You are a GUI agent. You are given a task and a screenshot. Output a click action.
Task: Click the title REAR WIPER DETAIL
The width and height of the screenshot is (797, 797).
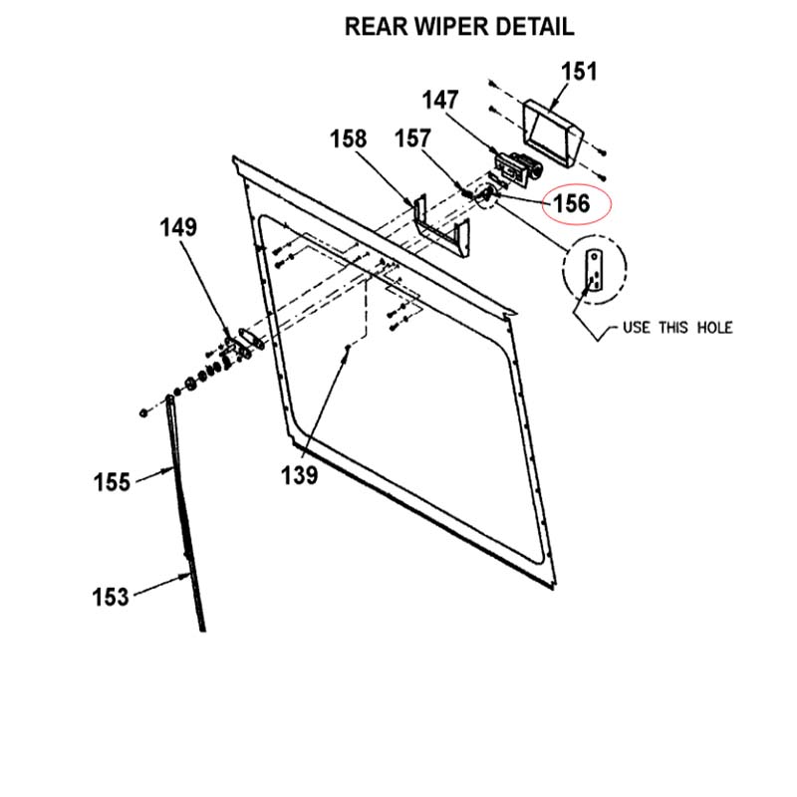tap(458, 27)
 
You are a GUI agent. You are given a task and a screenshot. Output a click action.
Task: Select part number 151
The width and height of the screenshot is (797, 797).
tap(579, 72)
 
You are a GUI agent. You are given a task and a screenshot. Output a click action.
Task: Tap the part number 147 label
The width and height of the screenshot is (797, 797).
tap(439, 101)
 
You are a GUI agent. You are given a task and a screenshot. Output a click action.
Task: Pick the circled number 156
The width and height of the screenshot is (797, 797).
tap(571, 203)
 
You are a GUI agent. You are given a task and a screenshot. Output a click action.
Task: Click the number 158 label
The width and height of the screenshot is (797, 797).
tap(349, 139)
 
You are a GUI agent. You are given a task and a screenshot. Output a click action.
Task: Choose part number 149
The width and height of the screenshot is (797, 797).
tap(178, 228)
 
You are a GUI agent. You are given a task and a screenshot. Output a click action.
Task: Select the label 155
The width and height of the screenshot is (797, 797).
tap(112, 482)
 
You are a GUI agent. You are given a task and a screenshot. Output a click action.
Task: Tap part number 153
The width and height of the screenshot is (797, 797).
tap(111, 597)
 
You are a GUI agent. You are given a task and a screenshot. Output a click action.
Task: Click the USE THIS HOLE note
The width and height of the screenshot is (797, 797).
tap(676, 327)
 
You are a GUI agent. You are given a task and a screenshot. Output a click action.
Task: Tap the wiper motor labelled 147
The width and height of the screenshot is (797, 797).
tap(517, 167)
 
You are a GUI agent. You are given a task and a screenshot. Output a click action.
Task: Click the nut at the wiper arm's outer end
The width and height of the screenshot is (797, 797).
tap(145, 410)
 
